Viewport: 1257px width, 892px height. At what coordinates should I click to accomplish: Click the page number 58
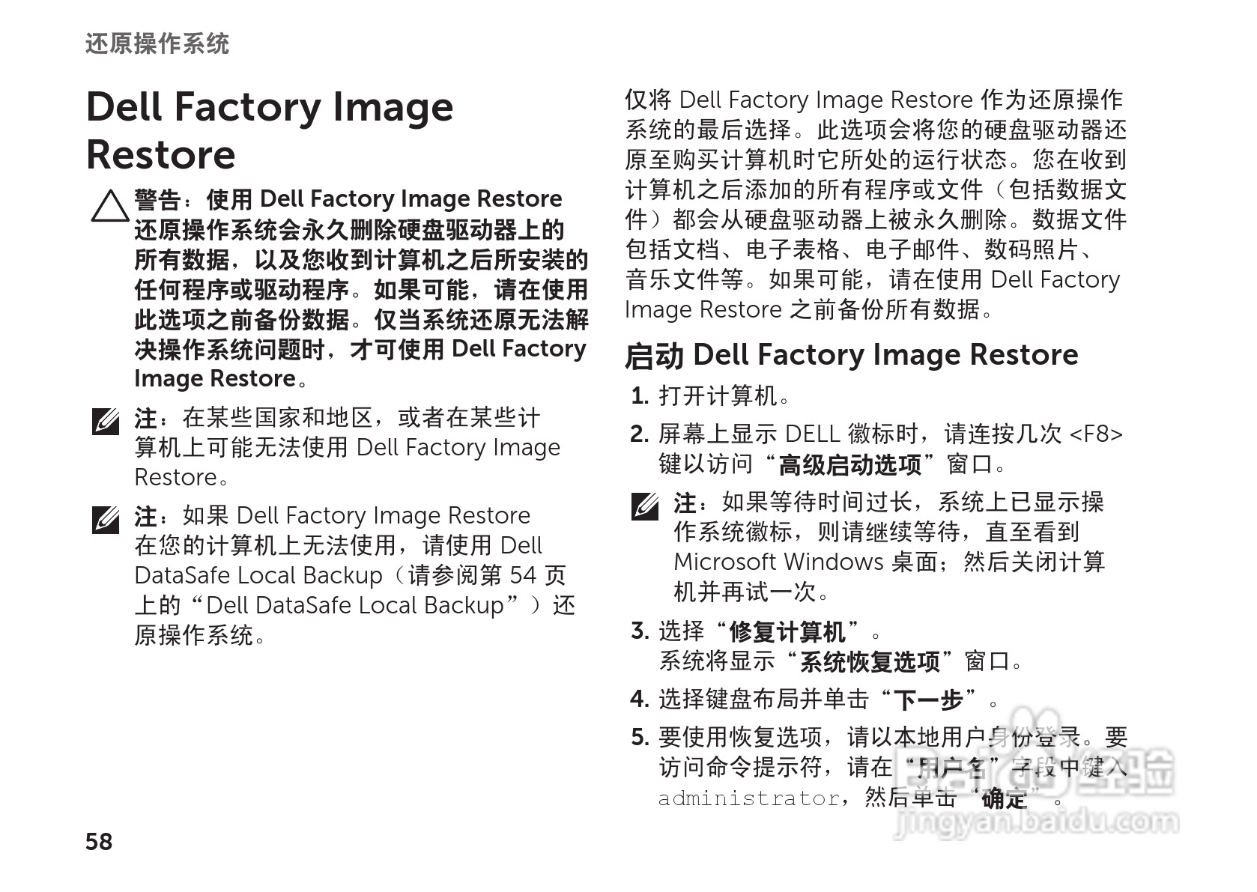click(99, 841)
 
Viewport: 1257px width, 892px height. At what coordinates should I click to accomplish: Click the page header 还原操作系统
click(157, 43)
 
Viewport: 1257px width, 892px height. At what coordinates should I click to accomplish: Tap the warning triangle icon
click(109, 206)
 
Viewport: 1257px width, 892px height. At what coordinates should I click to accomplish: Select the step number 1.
click(639, 395)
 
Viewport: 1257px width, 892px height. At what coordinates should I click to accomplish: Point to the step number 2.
click(639, 434)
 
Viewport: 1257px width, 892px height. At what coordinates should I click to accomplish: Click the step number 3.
click(639, 631)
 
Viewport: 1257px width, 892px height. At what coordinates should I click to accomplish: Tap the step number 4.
click(639, 699)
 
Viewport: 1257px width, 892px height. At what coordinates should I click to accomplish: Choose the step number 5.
click(639, 737)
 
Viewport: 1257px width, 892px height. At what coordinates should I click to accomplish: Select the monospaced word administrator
click(748, 798)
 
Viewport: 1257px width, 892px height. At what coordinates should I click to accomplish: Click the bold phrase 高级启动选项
click(850, 465)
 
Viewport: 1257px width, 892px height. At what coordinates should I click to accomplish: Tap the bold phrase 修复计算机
click(788, 631)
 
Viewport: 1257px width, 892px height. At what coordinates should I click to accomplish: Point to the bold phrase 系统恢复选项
click(870, 662)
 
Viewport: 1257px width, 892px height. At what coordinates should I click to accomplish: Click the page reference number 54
click(523, 575)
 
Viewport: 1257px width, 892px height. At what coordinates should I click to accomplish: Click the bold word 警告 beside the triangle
click(157, 199)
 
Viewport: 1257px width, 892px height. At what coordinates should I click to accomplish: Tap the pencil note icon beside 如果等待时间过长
click(645, 507)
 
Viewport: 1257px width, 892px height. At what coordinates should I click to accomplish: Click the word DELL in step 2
click(812, 434)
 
